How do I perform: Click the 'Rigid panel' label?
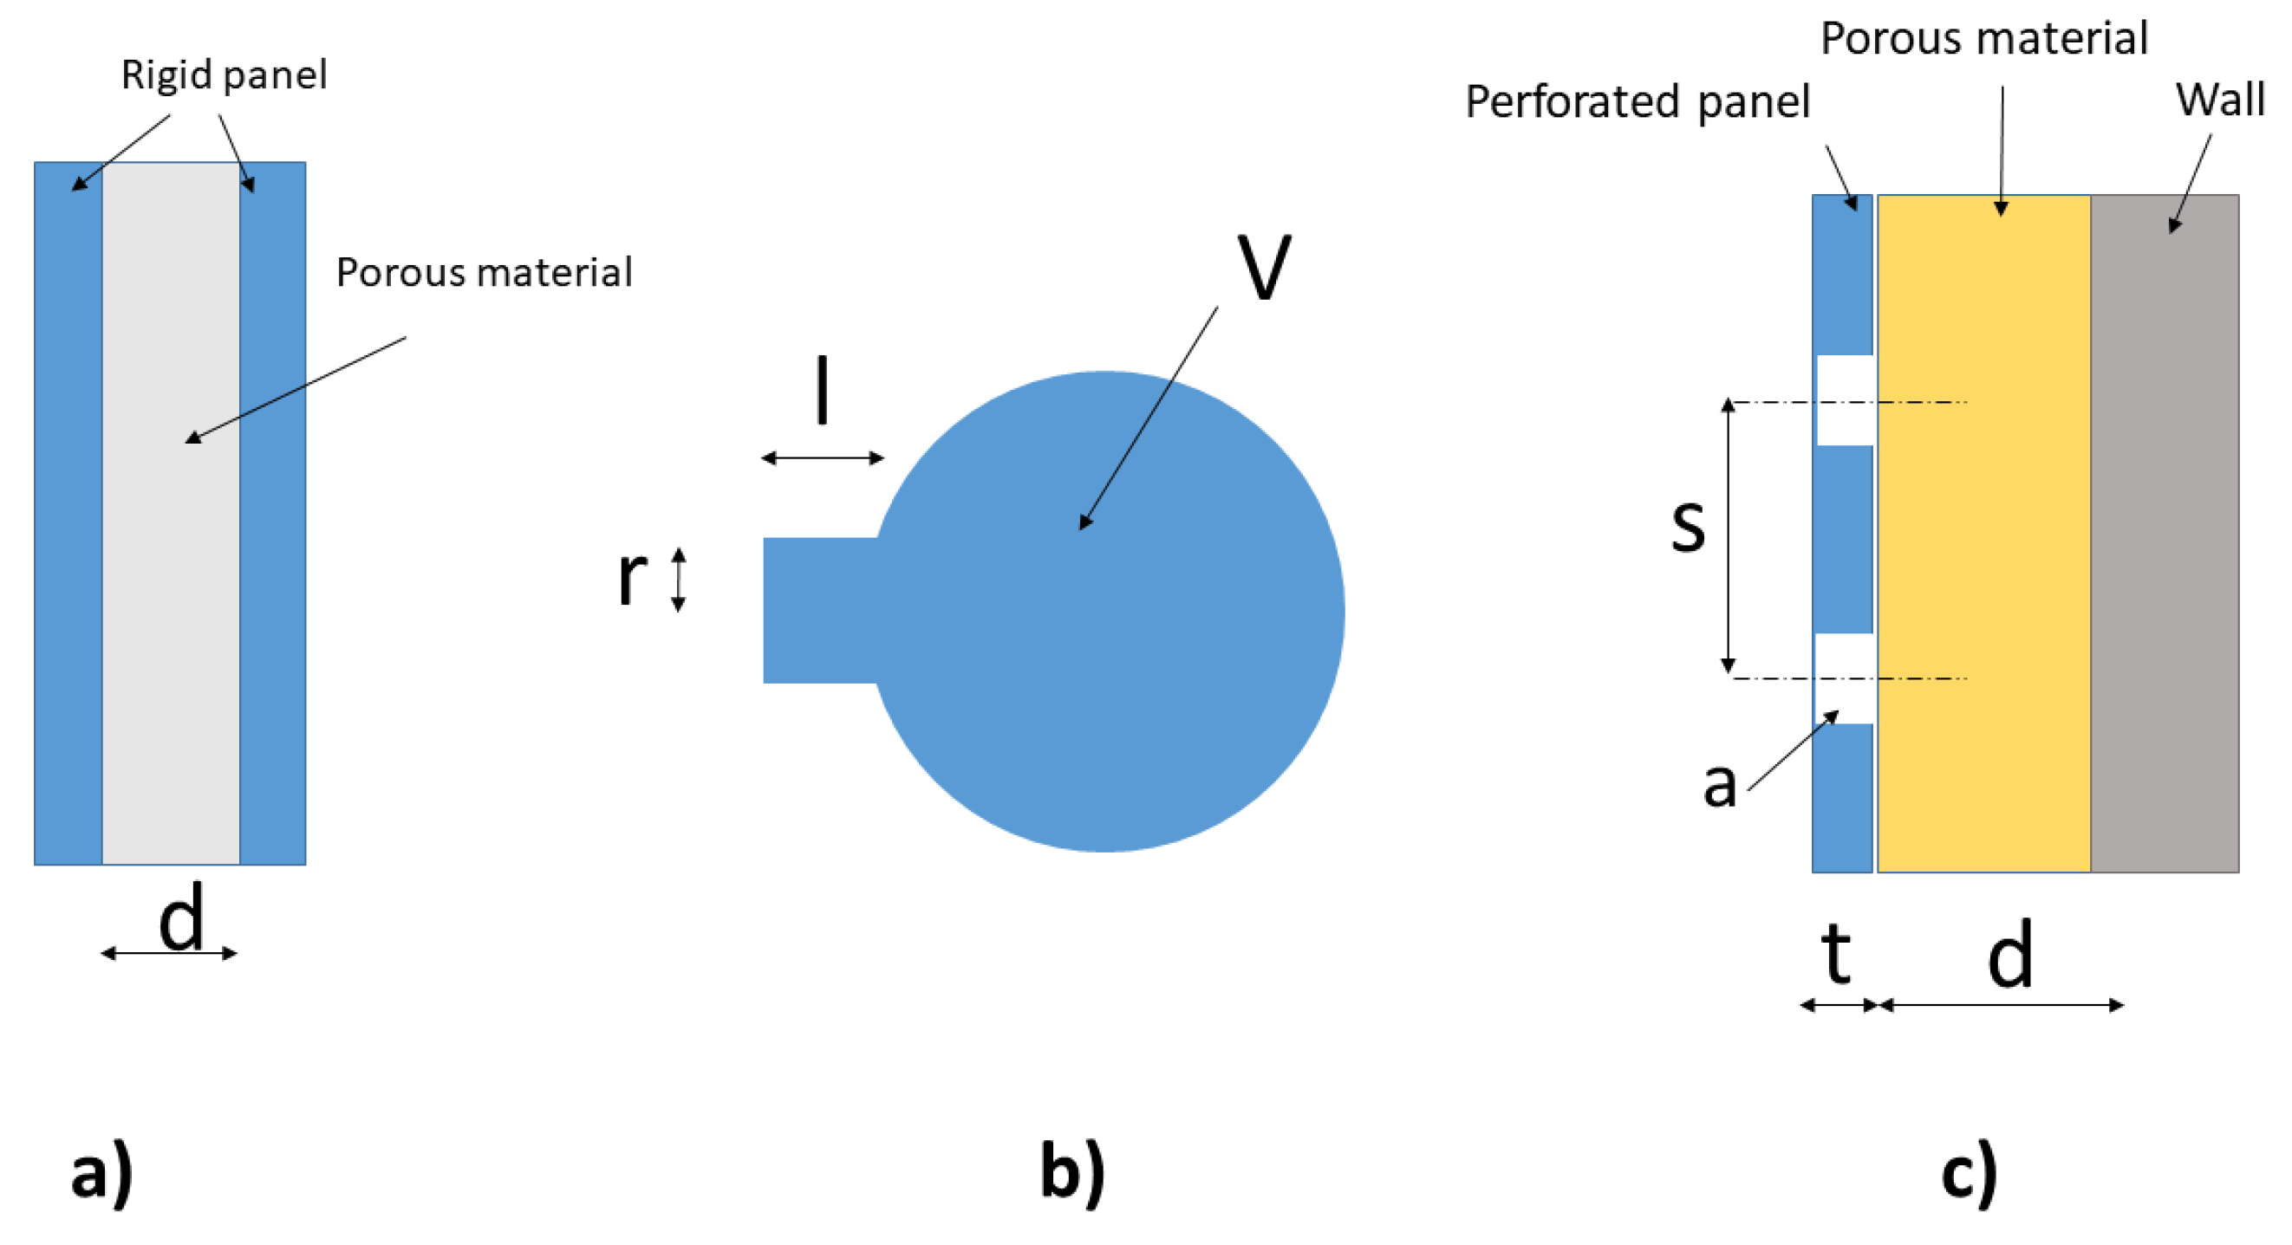click(x=224, y=75)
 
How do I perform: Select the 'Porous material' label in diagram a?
click(x=483, y=272)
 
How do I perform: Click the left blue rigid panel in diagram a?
click(x=68, y=534)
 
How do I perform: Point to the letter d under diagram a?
click(x=181, y=918)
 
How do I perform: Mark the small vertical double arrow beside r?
click(x=678, y=580)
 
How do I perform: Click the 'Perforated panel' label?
click(x=1637, y=101)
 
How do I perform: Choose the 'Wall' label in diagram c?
click(x=2219, y=99)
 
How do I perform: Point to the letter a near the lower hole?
click(x=1719, y=784)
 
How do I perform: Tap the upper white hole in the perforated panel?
click(x=1844, y=400)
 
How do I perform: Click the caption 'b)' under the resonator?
click(x=1073, y=1172)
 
